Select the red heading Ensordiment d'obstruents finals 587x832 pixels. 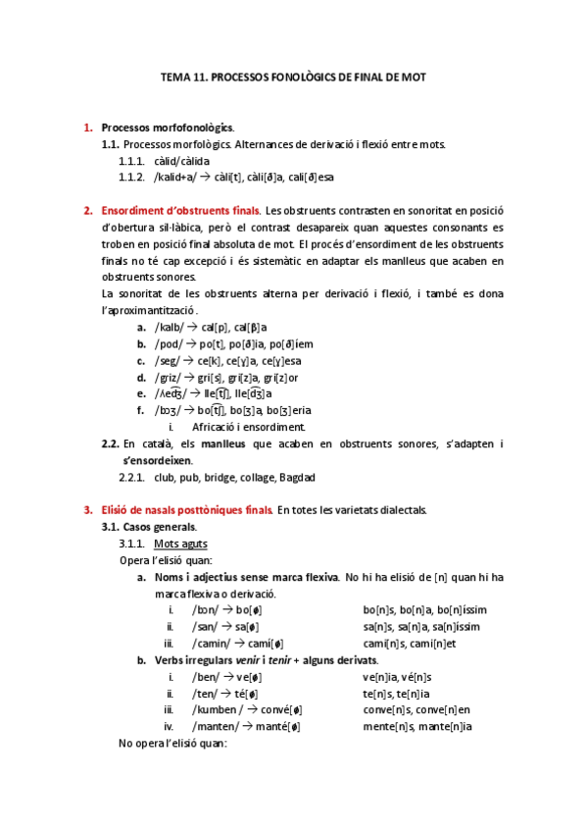click(181, 210)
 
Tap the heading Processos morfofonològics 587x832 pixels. click(168, 128)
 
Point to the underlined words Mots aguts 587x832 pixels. click(180, 544)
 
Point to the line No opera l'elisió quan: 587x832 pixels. click(172, 744)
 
